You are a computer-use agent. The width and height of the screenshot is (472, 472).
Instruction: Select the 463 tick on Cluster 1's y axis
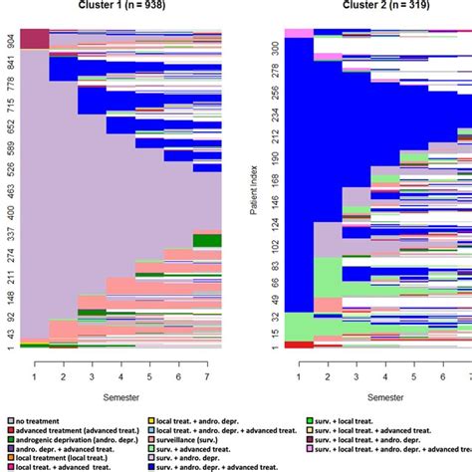tap(9, 190)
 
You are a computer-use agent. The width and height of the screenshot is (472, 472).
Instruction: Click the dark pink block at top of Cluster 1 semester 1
tap(34, 39)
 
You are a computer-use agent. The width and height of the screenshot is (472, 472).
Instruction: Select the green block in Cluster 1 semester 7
tap(206, 239)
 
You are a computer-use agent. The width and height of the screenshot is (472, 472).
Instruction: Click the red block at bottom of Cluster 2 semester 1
tap(299, 345)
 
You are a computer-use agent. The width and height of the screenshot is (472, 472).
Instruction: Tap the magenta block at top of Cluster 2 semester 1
tap(299, 33)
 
